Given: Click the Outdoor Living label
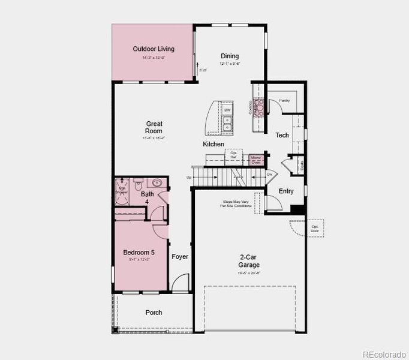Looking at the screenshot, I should coord(154,49).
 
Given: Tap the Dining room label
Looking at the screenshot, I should coord(229,56).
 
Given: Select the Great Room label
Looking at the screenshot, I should coord(154,127).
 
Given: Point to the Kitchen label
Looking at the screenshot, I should coord(213,144).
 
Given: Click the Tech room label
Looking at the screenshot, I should coord(282,135).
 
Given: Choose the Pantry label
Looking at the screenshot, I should coord(284,100).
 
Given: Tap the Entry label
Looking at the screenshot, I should coord(286,191).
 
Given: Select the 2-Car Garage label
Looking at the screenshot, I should coord(249,261).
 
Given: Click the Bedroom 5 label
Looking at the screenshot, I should coord(139,252).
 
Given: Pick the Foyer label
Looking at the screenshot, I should coord(180,257).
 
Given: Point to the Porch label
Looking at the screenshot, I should coord(154,313).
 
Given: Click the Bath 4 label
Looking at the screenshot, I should coord(148,197).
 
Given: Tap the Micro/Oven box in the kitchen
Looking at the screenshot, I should coord(256,160).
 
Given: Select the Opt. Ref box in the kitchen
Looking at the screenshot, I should coord(233,155).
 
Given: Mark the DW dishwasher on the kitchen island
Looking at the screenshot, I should coord(228,110).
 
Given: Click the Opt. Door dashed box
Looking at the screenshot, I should coord(314,228).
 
